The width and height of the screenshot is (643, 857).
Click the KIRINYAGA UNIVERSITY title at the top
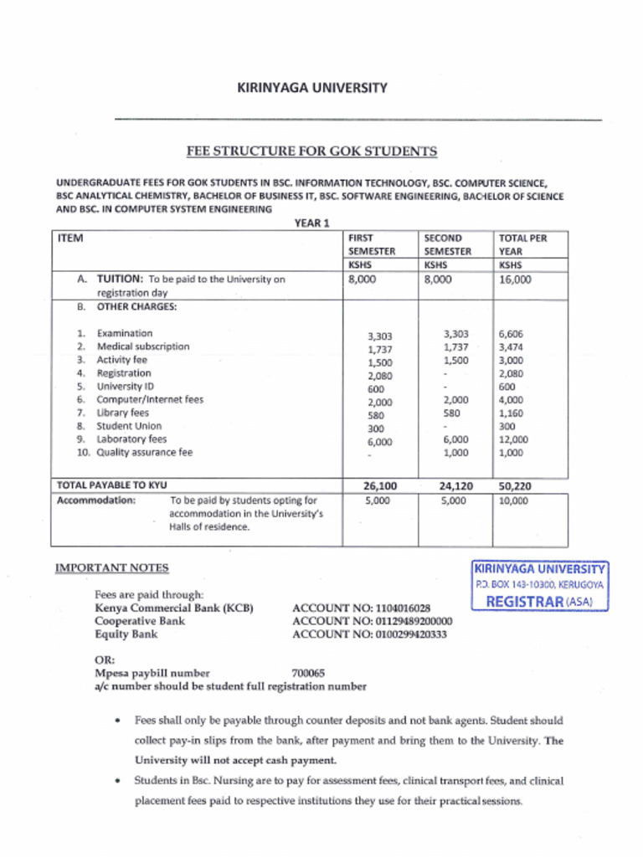[x=311, y=88]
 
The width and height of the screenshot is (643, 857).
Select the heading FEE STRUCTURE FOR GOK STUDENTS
[x=311, y=151]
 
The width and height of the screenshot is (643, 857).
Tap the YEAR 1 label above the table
[x=312, y=223]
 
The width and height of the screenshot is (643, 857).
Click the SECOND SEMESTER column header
[x=447, y=244]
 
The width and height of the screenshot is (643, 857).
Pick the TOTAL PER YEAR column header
[x=522, y=244]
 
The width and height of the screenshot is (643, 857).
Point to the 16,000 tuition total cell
[x=515, y=280]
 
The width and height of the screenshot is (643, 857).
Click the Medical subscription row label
[x=143, y=346]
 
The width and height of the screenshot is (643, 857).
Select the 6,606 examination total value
[x=512, y=334]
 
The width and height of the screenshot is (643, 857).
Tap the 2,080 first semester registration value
[x=380, y=376]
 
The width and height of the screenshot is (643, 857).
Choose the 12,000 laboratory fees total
[x=513, y=439]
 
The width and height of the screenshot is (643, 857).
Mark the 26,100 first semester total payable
[x=380, y=485]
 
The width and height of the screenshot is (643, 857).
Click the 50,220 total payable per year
[x=516, y=485]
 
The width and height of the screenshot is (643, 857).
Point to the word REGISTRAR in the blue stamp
[x=524, y=601]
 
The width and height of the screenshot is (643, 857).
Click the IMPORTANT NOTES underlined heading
[x=111, y=568]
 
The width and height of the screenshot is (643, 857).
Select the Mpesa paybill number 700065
[x=308, y=673]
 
